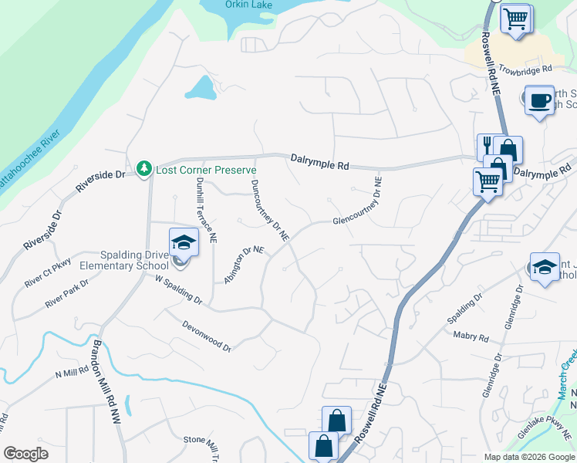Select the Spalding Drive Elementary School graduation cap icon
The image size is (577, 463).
(184, 242)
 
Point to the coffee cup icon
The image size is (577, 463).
(540, 100)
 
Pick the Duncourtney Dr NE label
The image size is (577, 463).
(269, 210)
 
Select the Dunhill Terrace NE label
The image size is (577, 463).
(206, 211)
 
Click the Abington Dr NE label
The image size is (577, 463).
(244, 265)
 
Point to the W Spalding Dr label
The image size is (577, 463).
(177, 289)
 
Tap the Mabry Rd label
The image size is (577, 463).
(473, 337)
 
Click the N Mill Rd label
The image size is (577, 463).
(73, 373)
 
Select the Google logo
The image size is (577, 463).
(25, 453)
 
